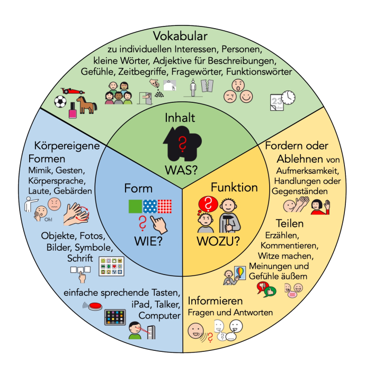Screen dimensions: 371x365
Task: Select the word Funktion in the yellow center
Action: pos(234,187)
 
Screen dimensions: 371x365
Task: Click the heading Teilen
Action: pos(289,223)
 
